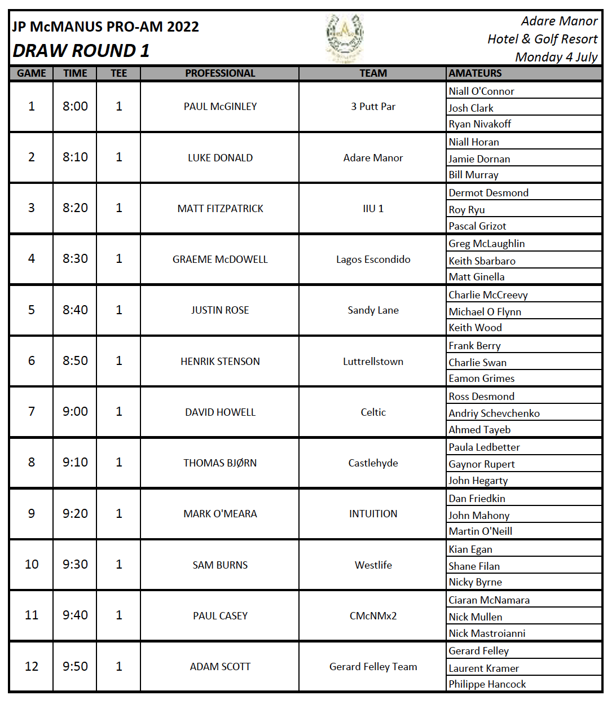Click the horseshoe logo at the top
pyautogui.click(x=345, y=37)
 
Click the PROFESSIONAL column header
pyautogui.click(x=220, y=73)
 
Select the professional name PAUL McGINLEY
pyautogui.click(x=220, y=107)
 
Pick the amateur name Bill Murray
pyautogui.click(x=473, y=175)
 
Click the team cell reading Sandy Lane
pyautogui.click(x=373, y=310)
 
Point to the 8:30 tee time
pyautogui.click(x=75, y=259)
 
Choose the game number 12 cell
pyautogui.click(x=32, y=667)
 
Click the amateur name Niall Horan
pyautogui.click(x=474, y=142)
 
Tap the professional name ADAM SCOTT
pyautogui.click(x=220, y=667)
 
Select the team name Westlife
pyautogui.click(x=373, y=565)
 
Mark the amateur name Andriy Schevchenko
pyautogui.click(x=494, y=413)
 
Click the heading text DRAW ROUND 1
pyautogui.click(x=81, y=51)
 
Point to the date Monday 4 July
pyautogui.click(x=556, y=57)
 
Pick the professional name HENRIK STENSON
pyautogui.click(x=220, y=362)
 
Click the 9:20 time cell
pyautogui.click(x=75, y=514)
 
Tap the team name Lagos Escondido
pyautogui.click(x=373, y=259)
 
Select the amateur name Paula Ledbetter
pyautogui.click(x=484, y=447)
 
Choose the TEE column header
pyautogui.click(x=118, y=73)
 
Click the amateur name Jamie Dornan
pyautogui.click(x=479, y=159)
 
